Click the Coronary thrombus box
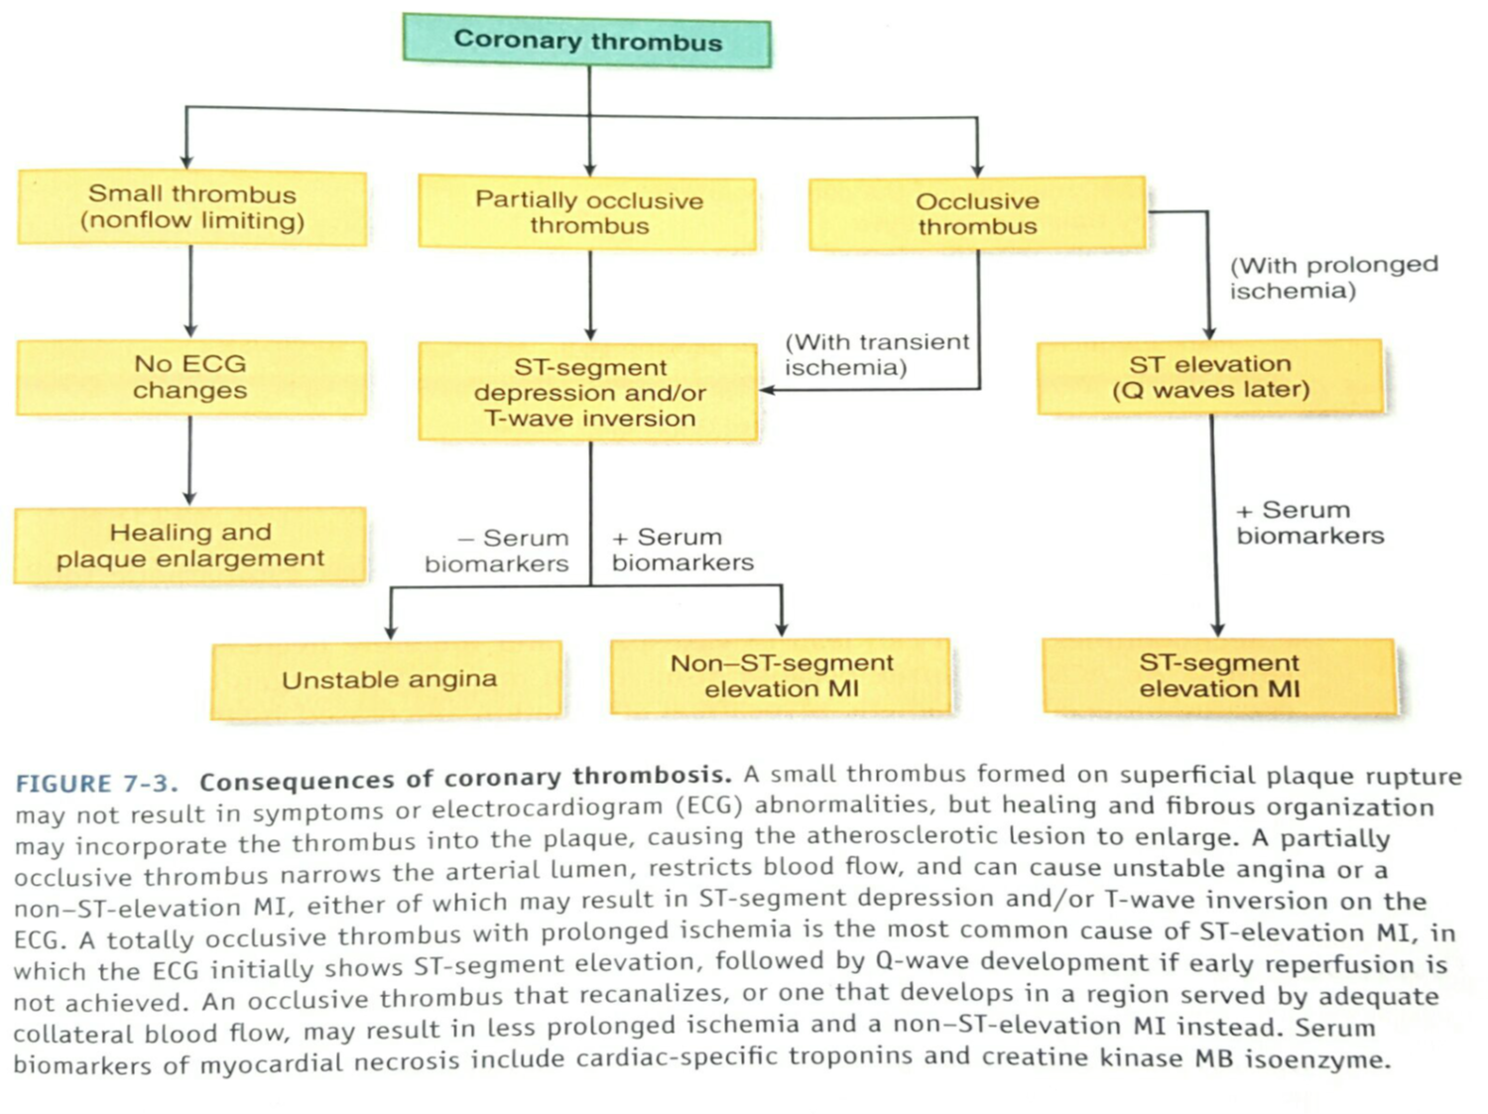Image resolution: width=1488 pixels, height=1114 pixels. pyautogui.click(x=586, y=41)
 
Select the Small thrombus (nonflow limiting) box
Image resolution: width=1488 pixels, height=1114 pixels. pyautogui.click(x=192, y=207)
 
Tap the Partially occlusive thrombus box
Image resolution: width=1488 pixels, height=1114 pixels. pyautogui.click(x=587, y=212)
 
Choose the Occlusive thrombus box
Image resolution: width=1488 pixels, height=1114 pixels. pyautogui.click(x=977, y=213)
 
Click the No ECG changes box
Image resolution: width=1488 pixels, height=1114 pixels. pyautogui.click(x=191, y=377)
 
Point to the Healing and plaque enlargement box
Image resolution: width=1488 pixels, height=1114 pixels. pyautogui.click(x=190, y=545)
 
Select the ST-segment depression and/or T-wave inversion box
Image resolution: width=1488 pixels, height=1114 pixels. pyautogui.click(x=588, y=393)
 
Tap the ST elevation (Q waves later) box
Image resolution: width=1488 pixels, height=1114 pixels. pyautogui.click(x=1210, y=377)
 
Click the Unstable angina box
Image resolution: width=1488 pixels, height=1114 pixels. pyautogui.click(x=387, y=680)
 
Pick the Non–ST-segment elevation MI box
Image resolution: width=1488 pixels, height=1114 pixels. pyautogui.click(x=781, y=676)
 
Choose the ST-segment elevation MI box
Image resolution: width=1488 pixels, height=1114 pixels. pyautogui.click(x=1219, y=676)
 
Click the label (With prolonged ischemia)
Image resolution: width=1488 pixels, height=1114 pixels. pyautogui.click(x=1333, y=277)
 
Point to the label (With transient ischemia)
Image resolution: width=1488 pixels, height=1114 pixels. pyautogui.click(x=877, y=354)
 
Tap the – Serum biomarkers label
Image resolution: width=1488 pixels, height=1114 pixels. pyautogui.click(x=497, y=551)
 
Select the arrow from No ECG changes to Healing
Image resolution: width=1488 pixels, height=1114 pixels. pyautogui.click(x=189, y=460)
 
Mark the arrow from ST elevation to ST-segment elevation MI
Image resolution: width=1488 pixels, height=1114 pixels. pyautogui.click(x=1215, y=526)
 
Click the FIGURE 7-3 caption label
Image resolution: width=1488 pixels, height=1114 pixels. pyautogui.click(x=96, y=783)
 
